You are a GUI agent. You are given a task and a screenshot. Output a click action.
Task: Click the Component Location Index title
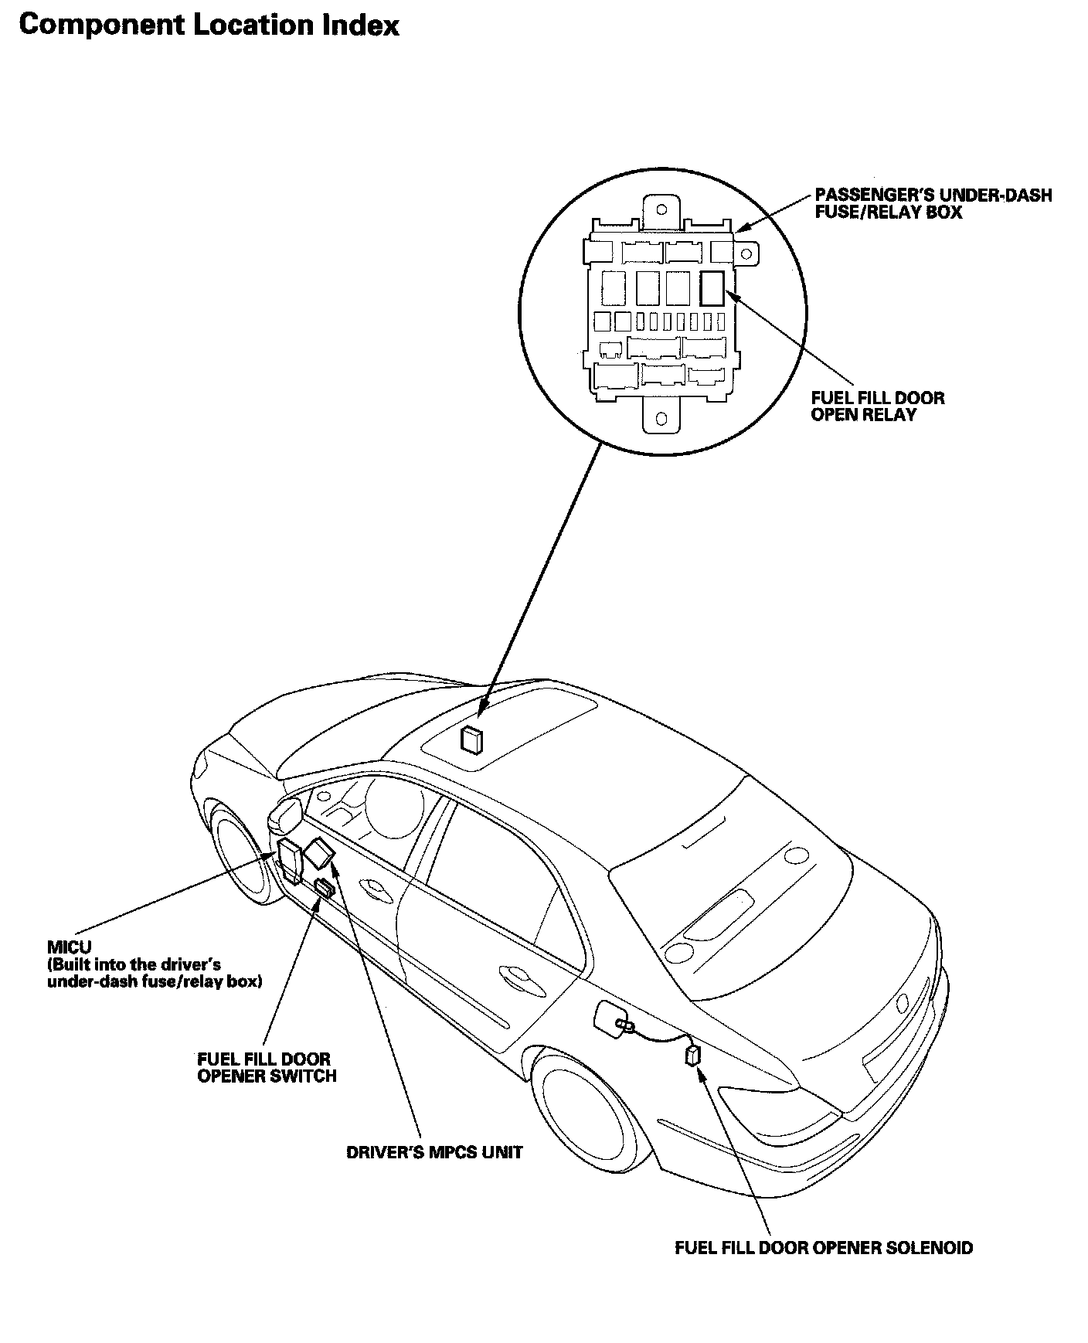point(209,25)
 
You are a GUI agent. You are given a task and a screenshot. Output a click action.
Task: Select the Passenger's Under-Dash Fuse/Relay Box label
point(933,204)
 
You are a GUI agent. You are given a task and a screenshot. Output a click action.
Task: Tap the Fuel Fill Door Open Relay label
point(877,406)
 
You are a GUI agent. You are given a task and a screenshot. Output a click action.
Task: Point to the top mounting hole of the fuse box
point(661,209)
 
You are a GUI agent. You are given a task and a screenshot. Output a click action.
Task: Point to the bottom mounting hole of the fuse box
point(661,418)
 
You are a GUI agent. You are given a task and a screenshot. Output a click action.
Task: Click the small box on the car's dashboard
point(471,739)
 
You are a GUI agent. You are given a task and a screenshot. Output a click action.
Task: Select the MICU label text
point(70,947)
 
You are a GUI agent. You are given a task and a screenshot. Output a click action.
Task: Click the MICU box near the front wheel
point(289,858)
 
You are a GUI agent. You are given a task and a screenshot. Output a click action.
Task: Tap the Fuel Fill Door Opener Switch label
point(267,1067)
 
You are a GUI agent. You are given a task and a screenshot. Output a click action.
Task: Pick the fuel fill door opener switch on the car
point(324,888)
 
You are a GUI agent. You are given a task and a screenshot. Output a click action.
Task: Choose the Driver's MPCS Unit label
point(434,1152)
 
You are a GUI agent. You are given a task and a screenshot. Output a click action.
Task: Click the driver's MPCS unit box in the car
point(319,854)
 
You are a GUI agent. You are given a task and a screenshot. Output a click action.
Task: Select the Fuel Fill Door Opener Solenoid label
point(824,1247)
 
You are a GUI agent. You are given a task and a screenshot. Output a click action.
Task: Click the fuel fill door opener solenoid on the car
point(693,1055)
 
